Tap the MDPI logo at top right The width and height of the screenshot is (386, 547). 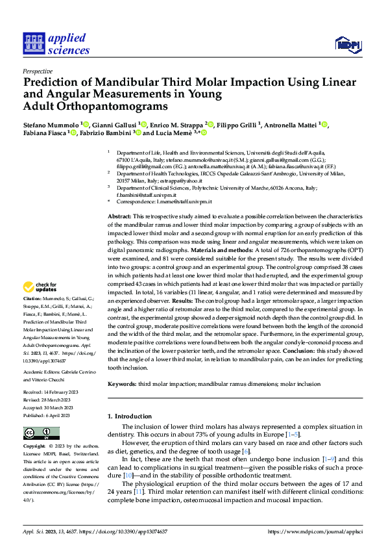tap(347, 44)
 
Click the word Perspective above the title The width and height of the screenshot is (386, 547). tap(38, 71)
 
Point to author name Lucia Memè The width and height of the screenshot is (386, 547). tap(171, 133)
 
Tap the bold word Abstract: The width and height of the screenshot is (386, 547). tap(120, 216)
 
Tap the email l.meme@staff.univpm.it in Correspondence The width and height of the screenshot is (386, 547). tap(194, 203)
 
